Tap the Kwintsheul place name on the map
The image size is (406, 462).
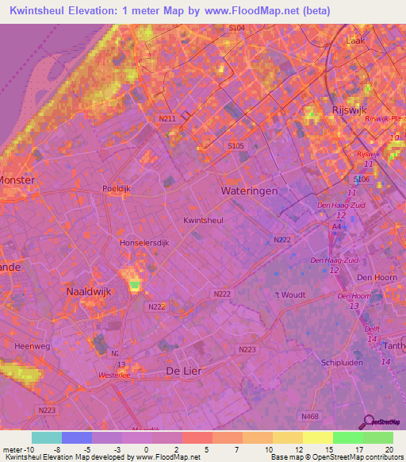coord(201,221)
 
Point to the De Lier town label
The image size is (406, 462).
coord(185,371)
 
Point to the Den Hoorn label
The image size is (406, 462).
coord(376,277)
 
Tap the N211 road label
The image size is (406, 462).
coord(167,119)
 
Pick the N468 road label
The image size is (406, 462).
coord(310,414)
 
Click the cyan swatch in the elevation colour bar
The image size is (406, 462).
coord(47,437)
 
